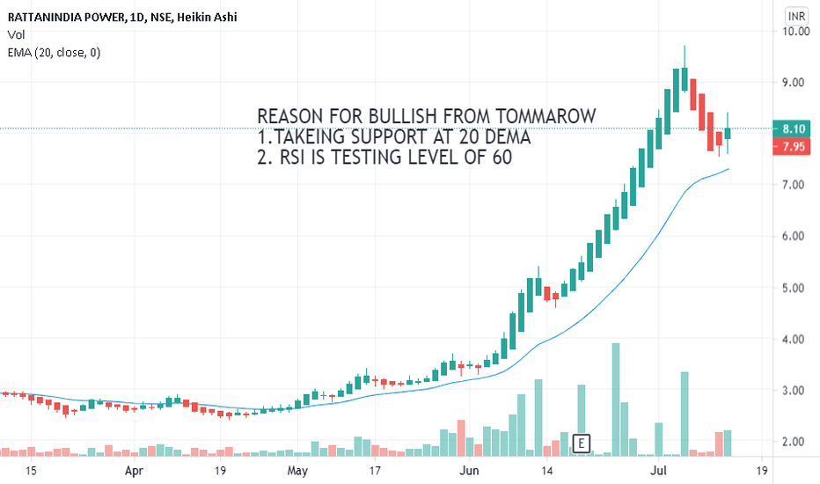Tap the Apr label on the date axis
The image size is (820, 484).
coord(134,471)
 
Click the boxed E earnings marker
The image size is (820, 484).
coord(581,443)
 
